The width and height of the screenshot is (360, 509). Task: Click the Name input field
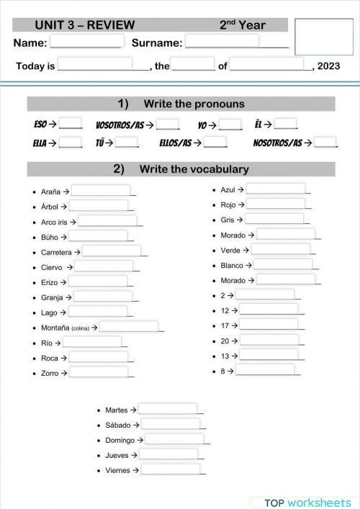tap(86, 42)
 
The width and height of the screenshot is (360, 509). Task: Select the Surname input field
tap(222, 42)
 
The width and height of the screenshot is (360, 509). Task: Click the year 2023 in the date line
tap(328, 66)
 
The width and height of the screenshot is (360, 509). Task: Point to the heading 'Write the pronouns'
tap(194, 104)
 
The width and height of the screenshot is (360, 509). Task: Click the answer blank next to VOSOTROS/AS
tap(167, 124)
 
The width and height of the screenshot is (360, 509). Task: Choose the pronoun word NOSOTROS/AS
tap(277, 143)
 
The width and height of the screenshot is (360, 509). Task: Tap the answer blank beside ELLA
tap(71, 143)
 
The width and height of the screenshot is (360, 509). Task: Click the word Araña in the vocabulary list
tap(50, 192)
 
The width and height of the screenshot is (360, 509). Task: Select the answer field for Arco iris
tap(108, 222)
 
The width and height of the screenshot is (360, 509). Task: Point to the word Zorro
tap(50, 373)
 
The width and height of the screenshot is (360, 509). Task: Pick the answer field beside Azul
tap(276, 189)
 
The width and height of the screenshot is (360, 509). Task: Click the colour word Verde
tap(230, 250)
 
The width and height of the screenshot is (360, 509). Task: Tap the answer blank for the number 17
tap(269, 325)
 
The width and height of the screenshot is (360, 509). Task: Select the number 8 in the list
tap(223, 371)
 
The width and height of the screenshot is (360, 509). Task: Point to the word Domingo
tap(120, 440)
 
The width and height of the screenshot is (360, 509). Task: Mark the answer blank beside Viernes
tap(171, 470)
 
